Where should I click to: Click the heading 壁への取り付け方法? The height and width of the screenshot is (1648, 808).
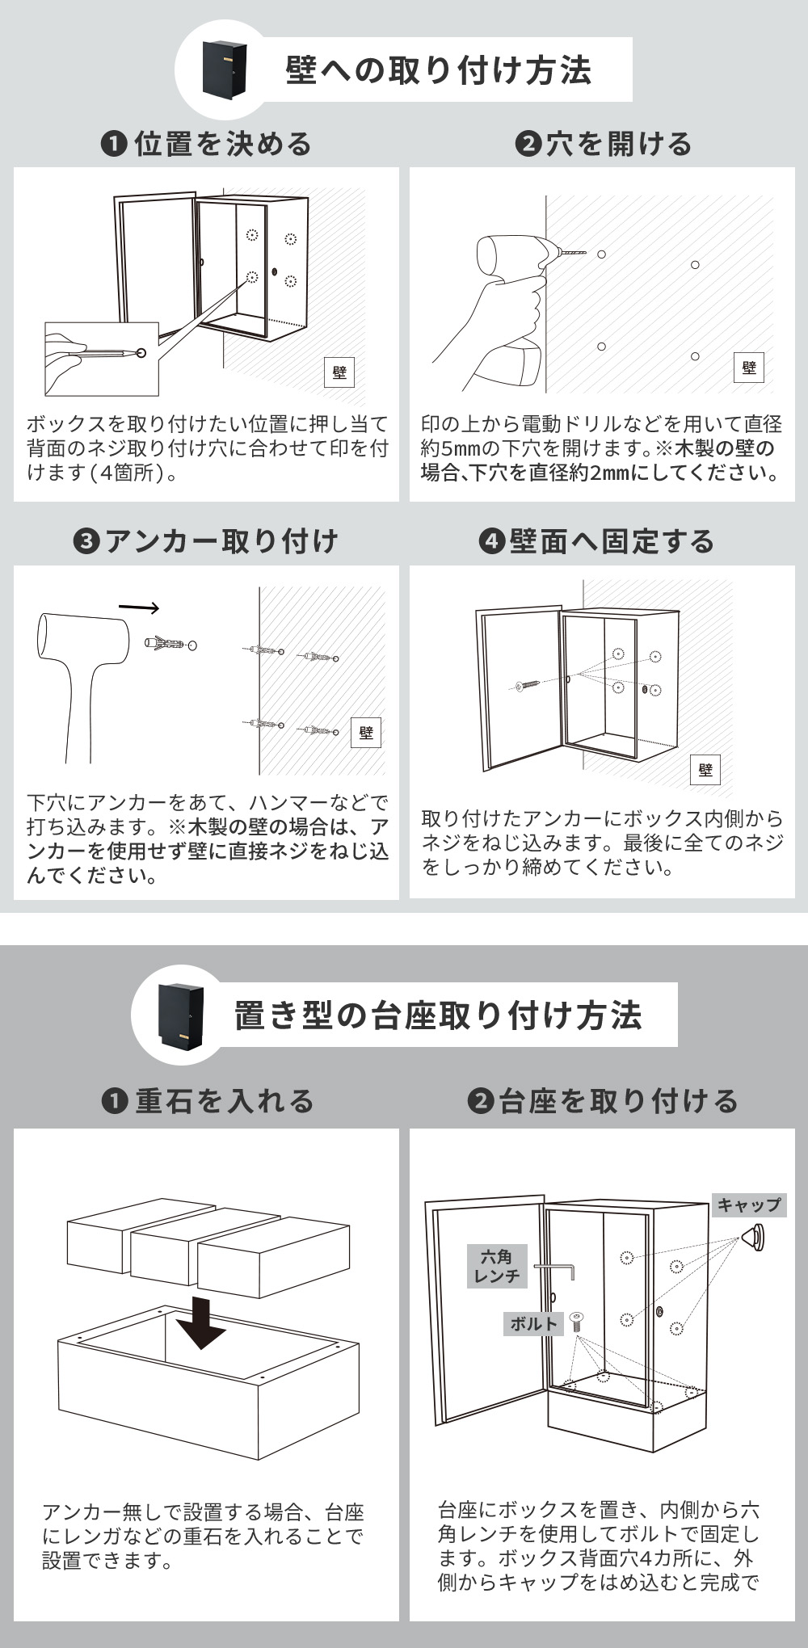click(x=439, y=70)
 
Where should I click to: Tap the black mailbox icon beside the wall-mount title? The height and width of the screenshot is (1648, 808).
click(x=222, y=68)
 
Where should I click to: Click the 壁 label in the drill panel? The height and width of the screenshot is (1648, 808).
click(x=749, y=368)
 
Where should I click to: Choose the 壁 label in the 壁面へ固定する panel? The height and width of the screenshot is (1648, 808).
click(x=705, y=770)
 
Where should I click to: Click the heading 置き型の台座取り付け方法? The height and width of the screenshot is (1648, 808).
click(x=439, y=1015)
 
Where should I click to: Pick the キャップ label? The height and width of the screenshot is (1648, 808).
click(x=749, y=1204)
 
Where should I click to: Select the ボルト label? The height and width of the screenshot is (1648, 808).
click(x=534, y=1323)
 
